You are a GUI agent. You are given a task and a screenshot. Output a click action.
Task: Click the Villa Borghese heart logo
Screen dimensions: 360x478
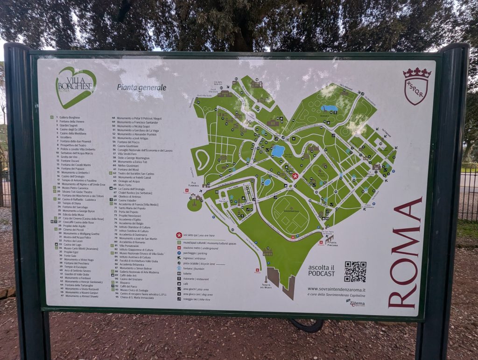(76, 87)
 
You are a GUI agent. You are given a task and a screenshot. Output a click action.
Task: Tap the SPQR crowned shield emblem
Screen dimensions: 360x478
(416, 86)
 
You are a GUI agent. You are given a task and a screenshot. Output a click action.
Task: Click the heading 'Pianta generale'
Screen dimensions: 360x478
(141, 87)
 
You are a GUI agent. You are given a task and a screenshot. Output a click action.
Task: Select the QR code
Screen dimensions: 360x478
(355, 272)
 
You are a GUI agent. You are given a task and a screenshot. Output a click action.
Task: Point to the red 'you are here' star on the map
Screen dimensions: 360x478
(295, 176)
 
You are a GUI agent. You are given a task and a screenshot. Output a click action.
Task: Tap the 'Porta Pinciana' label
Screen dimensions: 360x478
(332, 242)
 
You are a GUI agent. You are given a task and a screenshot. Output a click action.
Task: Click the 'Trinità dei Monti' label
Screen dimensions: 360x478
(267, 286)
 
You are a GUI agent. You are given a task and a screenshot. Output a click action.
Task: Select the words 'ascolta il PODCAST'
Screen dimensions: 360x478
(322, 270)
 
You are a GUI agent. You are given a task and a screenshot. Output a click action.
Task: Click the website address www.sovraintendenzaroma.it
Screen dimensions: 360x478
(336, 289)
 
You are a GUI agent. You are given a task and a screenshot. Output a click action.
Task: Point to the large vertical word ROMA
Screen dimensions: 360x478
(405, 253)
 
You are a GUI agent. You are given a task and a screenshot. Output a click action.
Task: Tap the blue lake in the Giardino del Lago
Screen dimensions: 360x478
(278, 151)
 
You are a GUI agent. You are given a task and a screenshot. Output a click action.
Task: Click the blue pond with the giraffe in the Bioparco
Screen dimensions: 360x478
(330, 108)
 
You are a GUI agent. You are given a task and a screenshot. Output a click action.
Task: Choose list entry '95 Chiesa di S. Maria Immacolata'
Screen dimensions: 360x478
(143, 297)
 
